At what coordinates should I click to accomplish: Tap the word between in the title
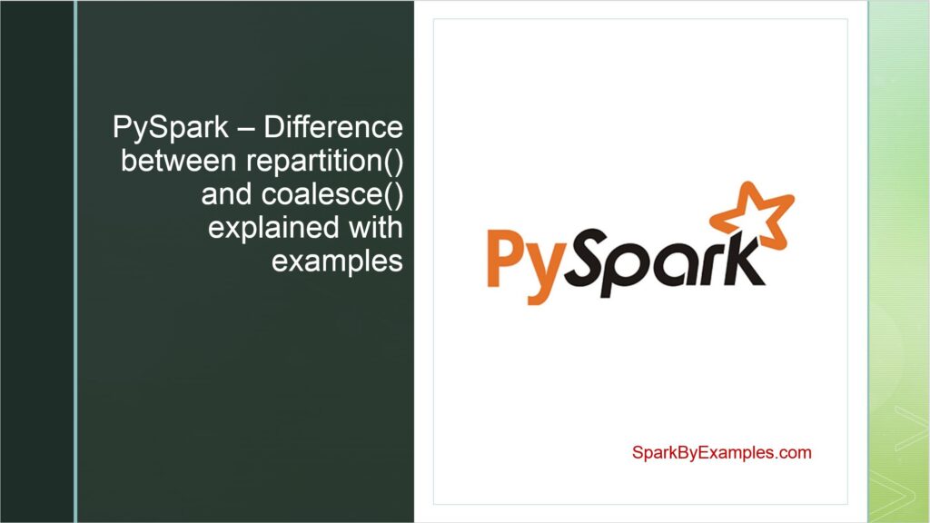[178, 163]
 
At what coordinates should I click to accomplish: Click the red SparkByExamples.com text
[721, 451]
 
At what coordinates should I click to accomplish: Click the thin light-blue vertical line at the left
[75, 261]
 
